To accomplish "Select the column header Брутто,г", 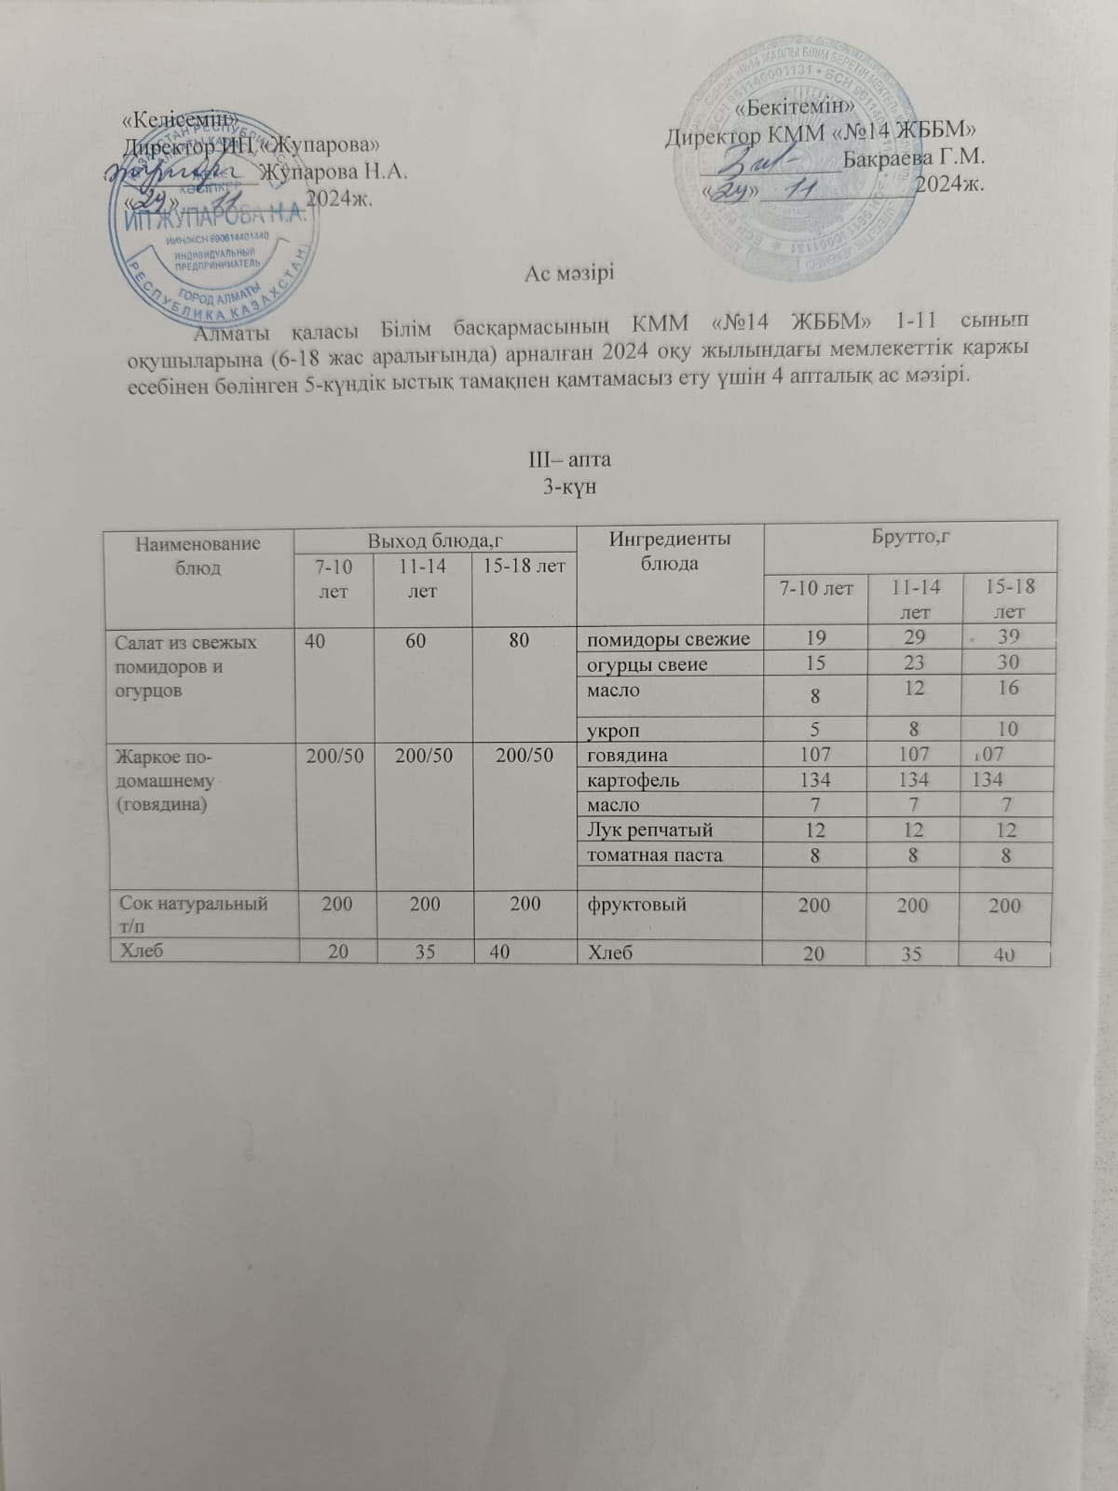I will pos(910,539).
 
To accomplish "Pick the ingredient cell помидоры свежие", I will pos(667,638).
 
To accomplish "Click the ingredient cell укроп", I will pos(613,729).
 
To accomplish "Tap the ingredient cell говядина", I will pos(627,755).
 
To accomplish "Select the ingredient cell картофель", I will pos(633,780).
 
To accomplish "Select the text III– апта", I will pos(568,460).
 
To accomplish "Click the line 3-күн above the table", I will pos(568,486).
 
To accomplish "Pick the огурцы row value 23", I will pos(914,663).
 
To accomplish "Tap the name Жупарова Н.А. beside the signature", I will pos(333,172).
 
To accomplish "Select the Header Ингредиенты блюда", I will pos(669,551).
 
